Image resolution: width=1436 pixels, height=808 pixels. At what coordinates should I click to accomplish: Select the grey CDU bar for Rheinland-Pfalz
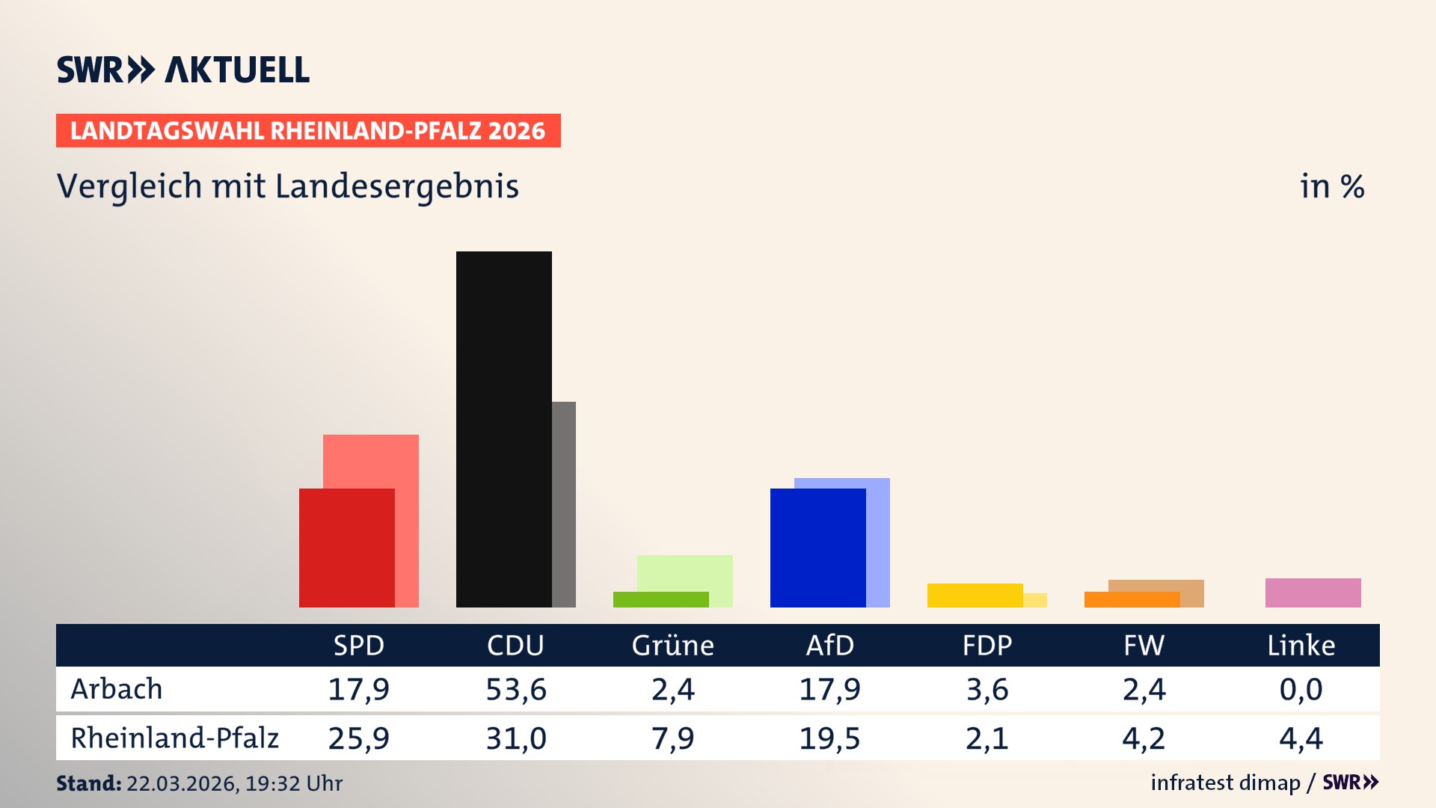pyautogui.click(x=564, y=504)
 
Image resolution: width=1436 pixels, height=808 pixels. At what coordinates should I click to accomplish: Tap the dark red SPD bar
pyautogui.click(x=346, y=548)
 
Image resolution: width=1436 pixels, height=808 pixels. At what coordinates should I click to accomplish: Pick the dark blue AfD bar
pyautogui.click(x=817, y=548)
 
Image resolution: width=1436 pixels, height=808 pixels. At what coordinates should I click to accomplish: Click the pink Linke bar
pyautogui.click(x=1313, y=593)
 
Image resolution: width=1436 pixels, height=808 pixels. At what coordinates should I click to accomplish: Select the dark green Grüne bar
pyautogui.click(x=660, y=599)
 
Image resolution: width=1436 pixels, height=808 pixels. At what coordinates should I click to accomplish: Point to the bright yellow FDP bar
pyautogui.click(x=975, y=596)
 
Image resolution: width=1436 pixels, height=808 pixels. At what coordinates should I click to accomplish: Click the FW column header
pyautogui.click(x=1144, y=646)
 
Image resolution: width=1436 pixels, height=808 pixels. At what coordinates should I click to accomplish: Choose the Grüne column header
pyautogui.click(x=672, y=646)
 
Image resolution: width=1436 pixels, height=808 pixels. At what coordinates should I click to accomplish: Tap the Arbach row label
pyautogui.click(x=117, y=689)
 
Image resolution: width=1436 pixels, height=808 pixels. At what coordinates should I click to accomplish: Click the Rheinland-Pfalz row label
pyautogui.click(x=174, y=738)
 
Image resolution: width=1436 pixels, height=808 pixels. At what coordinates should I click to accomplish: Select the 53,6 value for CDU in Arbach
pyautogui.click(x=516, y=689)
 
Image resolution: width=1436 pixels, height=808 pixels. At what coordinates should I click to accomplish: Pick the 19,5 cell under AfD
pyautogui.click(x=829, y=738)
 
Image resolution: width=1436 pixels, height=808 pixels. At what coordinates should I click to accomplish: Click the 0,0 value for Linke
pyautogui.click(x=1301, y=689)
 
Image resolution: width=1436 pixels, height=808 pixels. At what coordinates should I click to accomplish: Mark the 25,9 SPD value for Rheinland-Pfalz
pyautogui.click(x=358, y=738)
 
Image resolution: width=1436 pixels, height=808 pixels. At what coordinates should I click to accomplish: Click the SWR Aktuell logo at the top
pyautogui.click(x=183, y=70)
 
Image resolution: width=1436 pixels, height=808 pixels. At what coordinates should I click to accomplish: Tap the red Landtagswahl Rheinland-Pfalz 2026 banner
pyautogui.click(x=308, y=131)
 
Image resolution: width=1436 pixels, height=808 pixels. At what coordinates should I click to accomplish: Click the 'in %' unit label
pyautogui.click(x=1331, y=186)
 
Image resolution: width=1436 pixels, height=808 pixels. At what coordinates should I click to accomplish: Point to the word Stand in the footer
pyautogui.click(x=88, y=783)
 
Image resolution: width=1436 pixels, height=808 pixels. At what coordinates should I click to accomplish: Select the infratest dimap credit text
pyautogui.click(x=1225, y=783)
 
